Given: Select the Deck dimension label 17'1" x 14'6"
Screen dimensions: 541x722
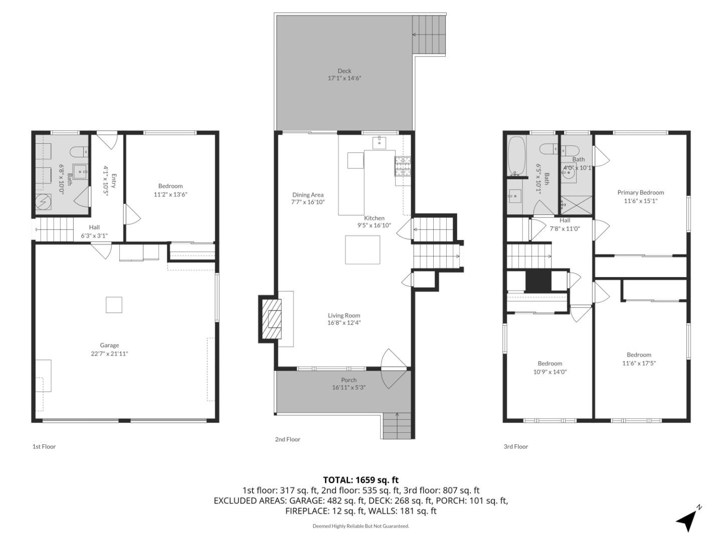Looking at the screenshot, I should pyautogui.click(x=344, y=78).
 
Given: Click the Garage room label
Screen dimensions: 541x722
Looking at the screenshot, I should pyautogui.click(x=109, y=345).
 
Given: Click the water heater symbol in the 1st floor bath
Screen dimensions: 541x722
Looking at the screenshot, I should pyautogui.click(x=43, y=202).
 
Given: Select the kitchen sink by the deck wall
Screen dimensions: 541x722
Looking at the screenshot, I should pyautogui.click(x=379, y=142).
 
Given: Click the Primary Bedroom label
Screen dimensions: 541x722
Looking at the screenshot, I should pyautogui.click(x=640, y=192).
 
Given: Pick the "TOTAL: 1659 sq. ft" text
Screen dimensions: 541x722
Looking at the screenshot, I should pyautogui.click(x=360, y=480).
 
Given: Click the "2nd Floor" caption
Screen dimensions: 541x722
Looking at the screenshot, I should pyautogui.click(x=287, y=439).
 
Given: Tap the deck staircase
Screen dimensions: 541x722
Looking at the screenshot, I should pyautogui.click(x=429, y=35).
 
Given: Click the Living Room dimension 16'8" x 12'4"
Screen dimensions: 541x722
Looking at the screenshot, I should pyautogui.click(x=344, y=323).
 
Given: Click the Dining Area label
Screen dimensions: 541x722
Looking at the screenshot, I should pyautogui.click(x=308, y=195).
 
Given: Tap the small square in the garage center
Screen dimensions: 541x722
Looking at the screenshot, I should pyautogui.click(x=114, y=305).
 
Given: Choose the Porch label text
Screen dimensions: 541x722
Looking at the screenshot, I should pyautogui.click(x=348, y=380).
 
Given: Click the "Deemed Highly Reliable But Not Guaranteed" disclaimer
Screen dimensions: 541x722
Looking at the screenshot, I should pyautogui.click(x=360, y=526).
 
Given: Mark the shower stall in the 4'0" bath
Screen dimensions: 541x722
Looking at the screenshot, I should pyautogui.click(x=576, y=205).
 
